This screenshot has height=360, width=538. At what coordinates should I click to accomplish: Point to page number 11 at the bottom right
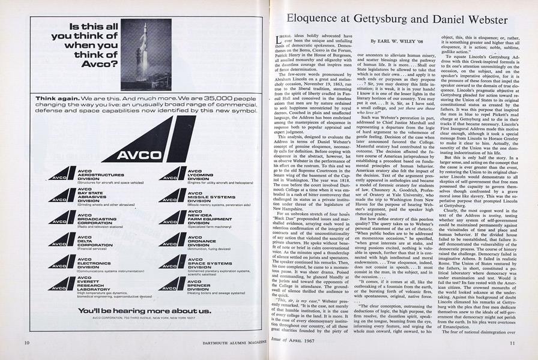pos(512,343)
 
